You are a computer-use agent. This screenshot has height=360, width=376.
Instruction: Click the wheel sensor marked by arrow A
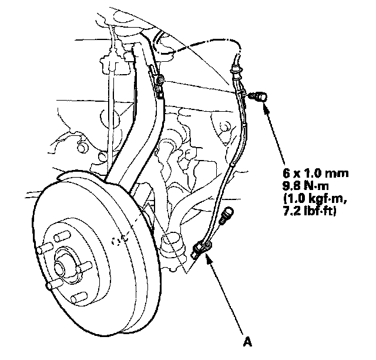[202, 250]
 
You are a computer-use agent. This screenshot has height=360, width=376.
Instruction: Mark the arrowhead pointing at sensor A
[207, 257]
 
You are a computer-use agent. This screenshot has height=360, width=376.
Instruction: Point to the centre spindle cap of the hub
[61, 269]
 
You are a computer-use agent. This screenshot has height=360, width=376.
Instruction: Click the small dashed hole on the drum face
[120, 240]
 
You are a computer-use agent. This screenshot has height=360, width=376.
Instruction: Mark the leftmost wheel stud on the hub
[41, 251]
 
